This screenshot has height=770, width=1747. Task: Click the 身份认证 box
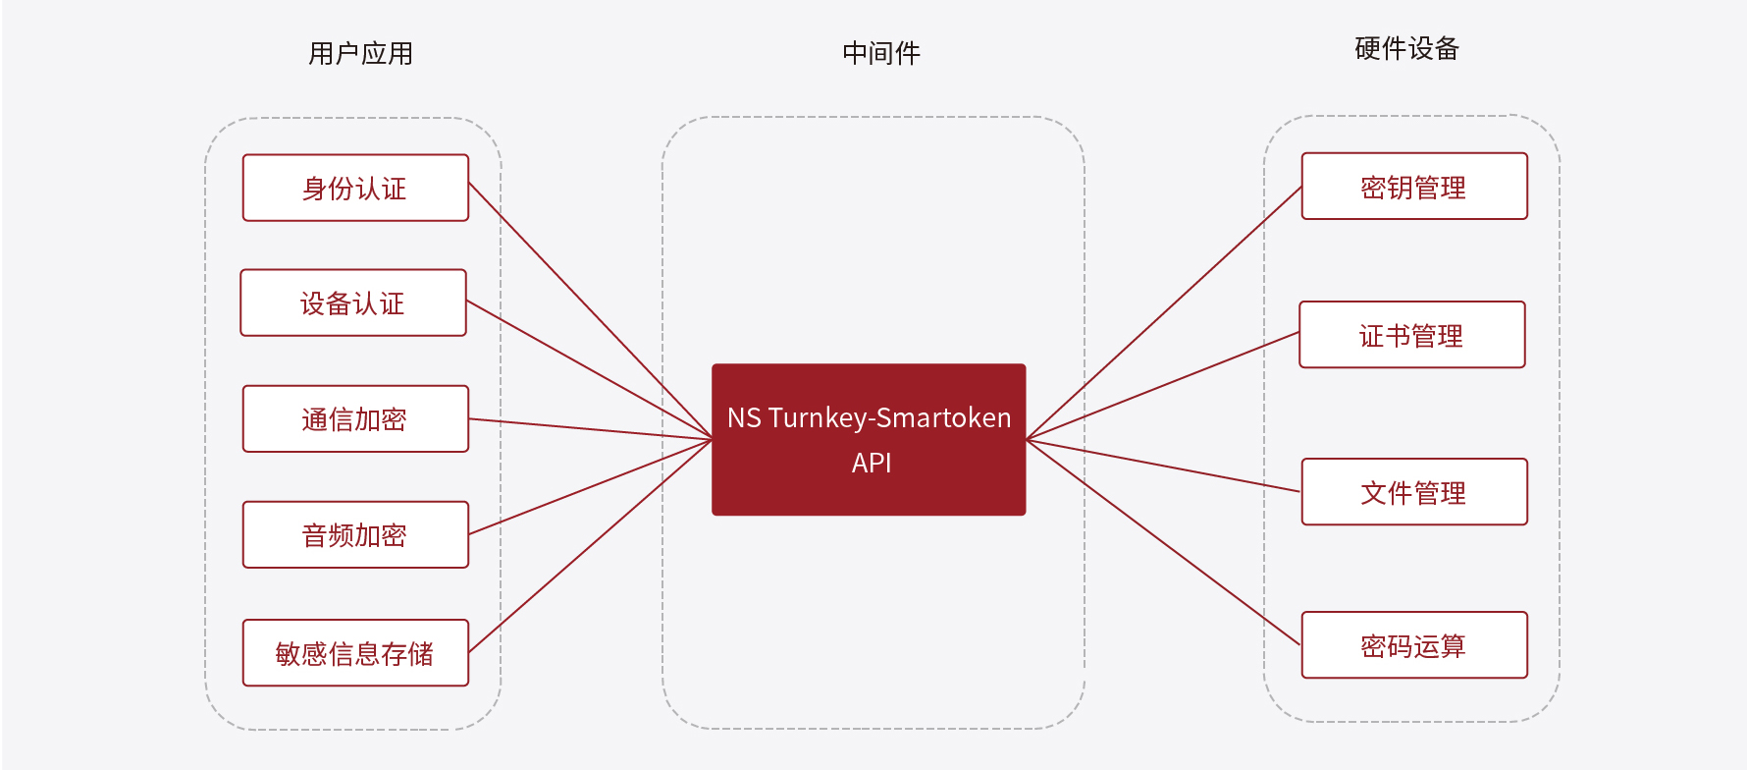click(355, 188)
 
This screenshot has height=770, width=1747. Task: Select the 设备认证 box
click(353, 302)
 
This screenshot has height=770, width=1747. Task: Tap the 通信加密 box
click(355, 418)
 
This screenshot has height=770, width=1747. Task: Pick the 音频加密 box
click(355, 534)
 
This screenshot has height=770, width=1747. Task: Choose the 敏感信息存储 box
click(355, 652)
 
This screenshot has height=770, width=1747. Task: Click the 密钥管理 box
click(1414, 186)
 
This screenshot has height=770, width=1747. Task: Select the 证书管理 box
click(1412, 335)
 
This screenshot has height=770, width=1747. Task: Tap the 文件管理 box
click(1414, 492)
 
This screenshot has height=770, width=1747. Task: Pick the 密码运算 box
click(1414, 645)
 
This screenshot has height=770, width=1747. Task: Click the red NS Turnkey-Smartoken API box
click(869, 440)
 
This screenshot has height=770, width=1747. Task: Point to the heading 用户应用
click(360, 53)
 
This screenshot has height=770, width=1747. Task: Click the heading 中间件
click(881, 53)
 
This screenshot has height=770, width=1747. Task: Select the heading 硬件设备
click(1406, 48)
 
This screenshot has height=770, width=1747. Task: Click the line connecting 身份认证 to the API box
click(591, 311)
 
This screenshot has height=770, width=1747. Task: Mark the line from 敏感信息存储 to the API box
click(591, 546)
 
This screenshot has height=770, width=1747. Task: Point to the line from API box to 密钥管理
click(1164, 312)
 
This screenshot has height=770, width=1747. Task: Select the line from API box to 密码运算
click(1164, 542)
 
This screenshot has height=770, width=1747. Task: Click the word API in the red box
click(872, 463)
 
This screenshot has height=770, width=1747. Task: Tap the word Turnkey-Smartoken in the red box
click(889, 418)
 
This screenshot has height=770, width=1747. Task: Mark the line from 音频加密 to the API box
click(591, 487)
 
